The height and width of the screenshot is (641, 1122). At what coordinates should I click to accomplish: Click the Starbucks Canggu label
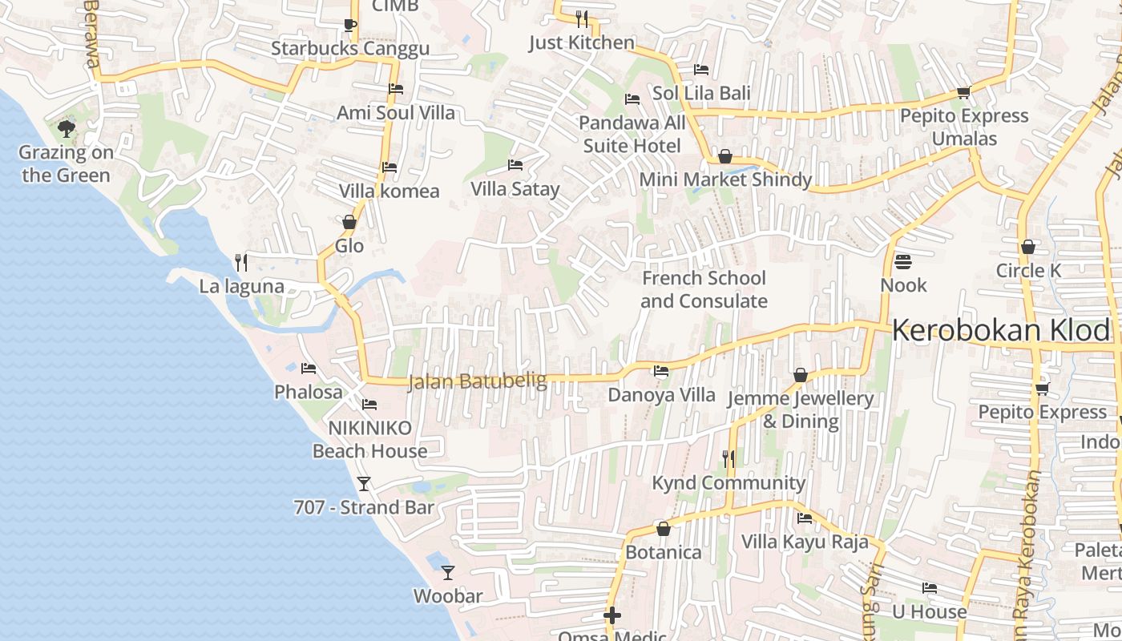[350, 48]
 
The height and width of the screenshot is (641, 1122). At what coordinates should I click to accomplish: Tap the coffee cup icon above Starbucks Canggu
[350, 24]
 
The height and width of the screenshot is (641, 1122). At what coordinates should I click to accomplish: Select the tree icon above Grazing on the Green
[67, 128]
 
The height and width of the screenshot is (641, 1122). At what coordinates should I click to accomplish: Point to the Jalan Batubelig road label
[477, 381]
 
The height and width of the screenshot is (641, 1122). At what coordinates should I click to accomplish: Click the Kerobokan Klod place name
[1002, 330]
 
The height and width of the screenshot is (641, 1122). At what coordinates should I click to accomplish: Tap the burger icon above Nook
[903, 261]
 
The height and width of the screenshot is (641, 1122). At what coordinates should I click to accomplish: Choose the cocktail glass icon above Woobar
[448, 572]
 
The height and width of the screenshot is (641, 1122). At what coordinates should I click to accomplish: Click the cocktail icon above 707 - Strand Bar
[364, 483]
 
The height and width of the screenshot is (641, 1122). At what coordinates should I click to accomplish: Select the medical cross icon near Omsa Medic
[612, 615]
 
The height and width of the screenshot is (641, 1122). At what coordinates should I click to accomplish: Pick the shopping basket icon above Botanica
[663, 529]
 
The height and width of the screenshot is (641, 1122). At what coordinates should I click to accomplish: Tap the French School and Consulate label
[704, 289]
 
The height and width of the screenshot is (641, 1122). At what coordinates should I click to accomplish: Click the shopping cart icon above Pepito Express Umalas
[963, 92]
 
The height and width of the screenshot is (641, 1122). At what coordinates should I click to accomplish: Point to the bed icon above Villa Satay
[515, 165]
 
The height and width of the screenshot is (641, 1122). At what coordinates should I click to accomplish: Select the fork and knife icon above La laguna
[240, 262]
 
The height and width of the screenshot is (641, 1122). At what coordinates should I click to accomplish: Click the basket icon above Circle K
[1028, 247]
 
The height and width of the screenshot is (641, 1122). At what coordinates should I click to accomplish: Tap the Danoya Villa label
[661, 394]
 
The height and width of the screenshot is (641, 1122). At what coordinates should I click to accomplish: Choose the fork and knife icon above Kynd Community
[728, 458]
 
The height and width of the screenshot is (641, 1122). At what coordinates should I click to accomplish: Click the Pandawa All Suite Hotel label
[632, 134]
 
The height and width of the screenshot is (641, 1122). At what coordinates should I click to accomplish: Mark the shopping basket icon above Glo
[349, 222]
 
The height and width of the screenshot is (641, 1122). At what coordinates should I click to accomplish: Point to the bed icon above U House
[930, 588]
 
